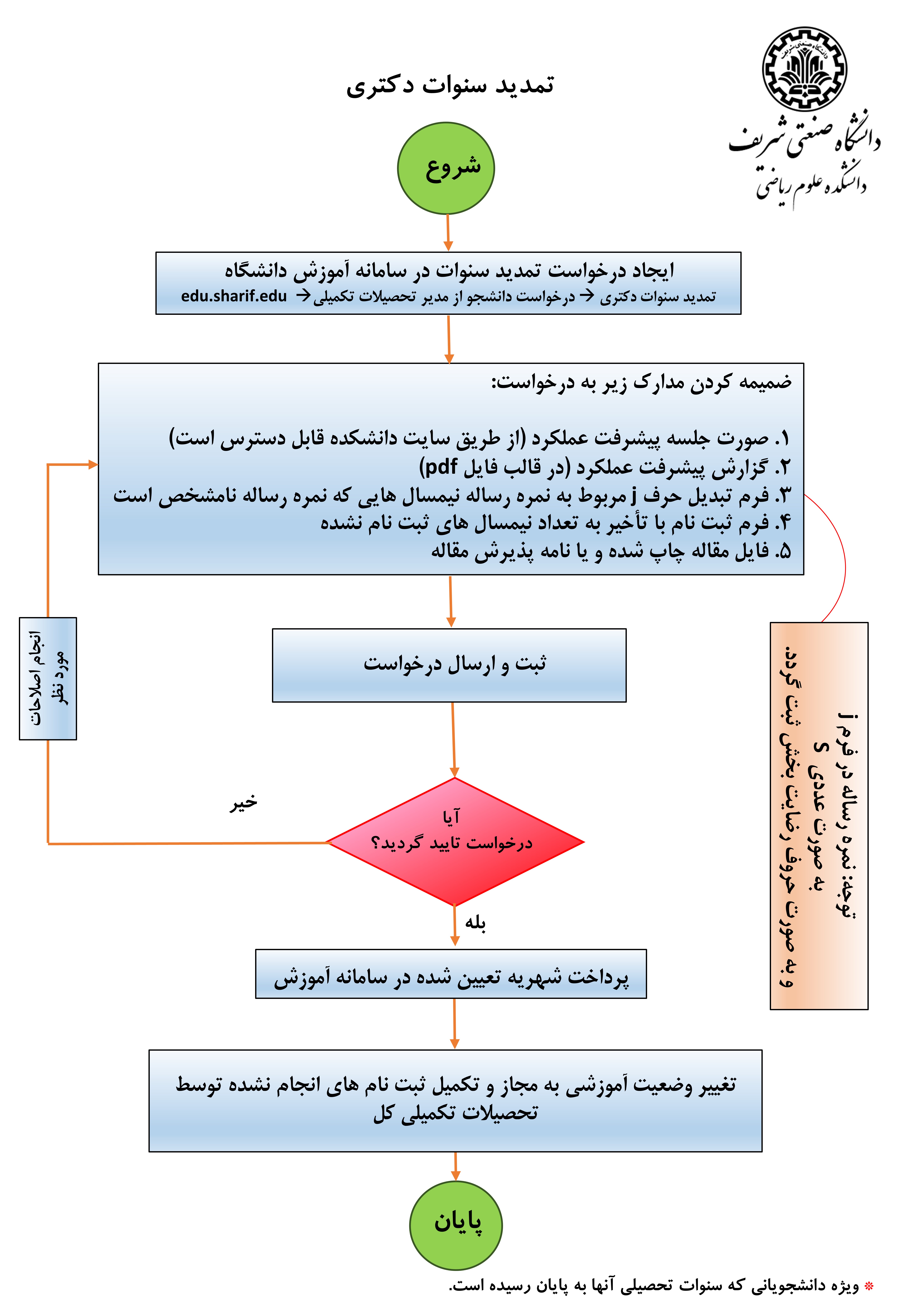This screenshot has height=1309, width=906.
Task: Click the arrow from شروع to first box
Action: [448, 233]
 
